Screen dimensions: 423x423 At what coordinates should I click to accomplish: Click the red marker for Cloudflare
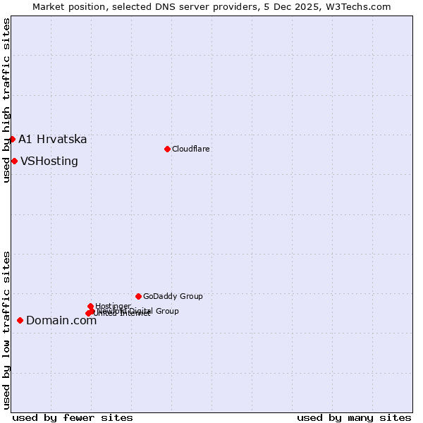click(167, 149)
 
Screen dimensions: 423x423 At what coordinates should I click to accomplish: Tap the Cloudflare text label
click(190, 149)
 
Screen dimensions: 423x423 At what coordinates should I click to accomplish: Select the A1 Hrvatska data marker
click(12, 139)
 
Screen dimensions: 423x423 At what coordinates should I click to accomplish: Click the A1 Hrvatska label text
click(53, 139)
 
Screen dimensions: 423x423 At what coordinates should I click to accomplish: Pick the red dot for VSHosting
click(14, 161)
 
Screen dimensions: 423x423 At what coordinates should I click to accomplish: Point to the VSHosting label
click(49, 161)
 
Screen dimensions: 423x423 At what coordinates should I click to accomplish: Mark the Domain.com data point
click(20, 320)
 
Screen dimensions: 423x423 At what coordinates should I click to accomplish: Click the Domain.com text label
click(61, 321)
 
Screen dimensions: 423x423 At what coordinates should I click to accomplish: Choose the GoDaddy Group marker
click(138, 296)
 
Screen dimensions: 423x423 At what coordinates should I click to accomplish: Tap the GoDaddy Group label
click(173, 296)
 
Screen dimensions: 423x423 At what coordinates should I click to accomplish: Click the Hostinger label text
click(113, 305)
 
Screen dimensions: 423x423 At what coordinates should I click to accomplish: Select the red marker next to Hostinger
click(90, 306)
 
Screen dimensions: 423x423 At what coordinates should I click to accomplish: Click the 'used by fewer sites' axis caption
click(73, 417)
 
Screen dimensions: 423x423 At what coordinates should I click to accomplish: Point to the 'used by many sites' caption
click(354, 417)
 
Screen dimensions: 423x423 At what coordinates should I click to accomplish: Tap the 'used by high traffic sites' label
click(6, 100)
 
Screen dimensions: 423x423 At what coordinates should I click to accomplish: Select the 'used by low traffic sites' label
click(6, 329)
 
